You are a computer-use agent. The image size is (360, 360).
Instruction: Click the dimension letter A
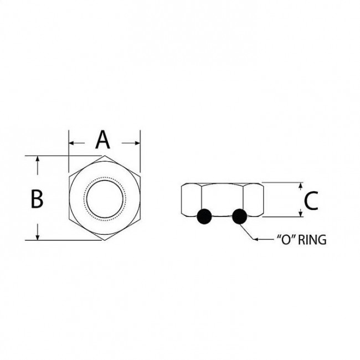[103, 141]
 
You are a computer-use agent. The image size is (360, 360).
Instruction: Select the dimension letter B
[37, 199]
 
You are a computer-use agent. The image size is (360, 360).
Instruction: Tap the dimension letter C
[311, 200]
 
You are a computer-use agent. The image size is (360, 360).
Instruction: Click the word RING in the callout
[311, 240]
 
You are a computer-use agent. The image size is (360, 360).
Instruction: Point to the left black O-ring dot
[204, 217]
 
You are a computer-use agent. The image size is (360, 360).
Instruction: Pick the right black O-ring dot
[240, 217]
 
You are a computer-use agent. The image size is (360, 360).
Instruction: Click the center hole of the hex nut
[105, 198]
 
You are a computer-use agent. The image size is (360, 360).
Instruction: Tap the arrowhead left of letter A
[72, 143]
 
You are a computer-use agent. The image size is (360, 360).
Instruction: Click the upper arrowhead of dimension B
[37, 160]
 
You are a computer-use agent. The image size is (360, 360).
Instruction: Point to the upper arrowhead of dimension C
[301, 186]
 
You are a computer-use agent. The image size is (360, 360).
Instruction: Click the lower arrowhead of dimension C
[301, 214]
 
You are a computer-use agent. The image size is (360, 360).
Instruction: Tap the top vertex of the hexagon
[105, 156]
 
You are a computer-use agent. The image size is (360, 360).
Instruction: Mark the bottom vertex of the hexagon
[105, 240]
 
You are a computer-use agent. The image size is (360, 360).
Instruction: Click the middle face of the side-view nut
[222, 197]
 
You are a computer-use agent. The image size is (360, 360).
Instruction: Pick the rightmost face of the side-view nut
[253, 200]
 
